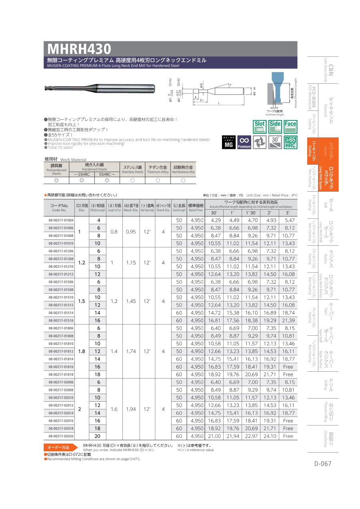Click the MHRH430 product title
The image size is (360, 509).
pyautogui.click(x=79, y=49)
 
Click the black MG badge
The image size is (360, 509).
pyautogui.click(x=228, y=142)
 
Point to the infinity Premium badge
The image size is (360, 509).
pyautogui.click(x=244, y=142)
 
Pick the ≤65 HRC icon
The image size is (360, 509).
pyautogui.click(x=290, y=142)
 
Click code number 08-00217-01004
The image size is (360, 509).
pyautogui.click(x=61, y=220)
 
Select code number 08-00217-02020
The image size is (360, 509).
pyautogui.click(x=61, y=436)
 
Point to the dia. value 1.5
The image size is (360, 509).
pyautogui.click(x=82, y=301)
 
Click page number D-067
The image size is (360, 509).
pyautogui.click(x=322, y=464)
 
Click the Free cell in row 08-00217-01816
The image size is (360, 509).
pyautogui.click(x=288, y=367)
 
